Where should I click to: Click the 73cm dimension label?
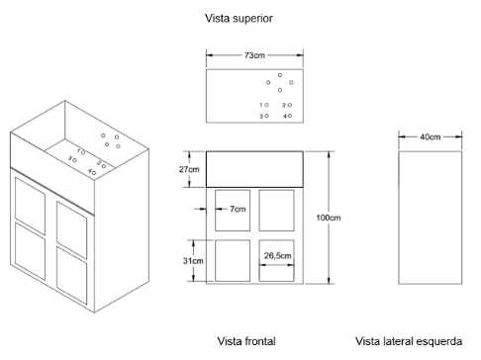pos(254,55)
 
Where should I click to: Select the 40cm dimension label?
pos(430,136)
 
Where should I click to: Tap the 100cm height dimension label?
pos(329,218)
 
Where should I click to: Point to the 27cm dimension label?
pos(189,169)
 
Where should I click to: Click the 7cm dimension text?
pos(238,209)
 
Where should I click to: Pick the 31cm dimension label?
pos(193,261)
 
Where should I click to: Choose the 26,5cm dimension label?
pos(277,256)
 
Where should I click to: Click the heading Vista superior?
pos(239,18)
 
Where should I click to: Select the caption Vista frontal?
pos(246,341)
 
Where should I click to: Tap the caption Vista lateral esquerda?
pos(409,341)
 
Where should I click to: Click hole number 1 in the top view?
pos(266,105)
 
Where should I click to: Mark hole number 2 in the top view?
pos(290,105)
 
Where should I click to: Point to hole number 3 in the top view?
pos(266,116)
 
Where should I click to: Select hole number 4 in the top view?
pos(290,116)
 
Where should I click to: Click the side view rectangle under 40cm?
pos(399,218)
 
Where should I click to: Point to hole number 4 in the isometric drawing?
pos(94,173)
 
